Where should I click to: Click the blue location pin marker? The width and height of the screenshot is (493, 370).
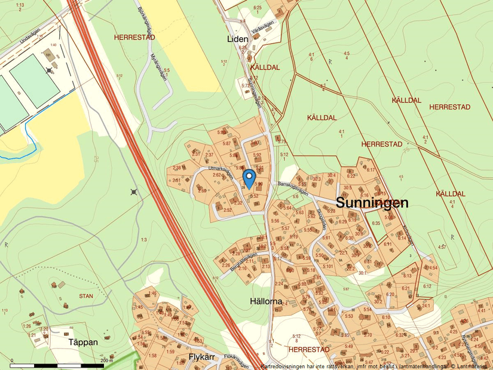249,178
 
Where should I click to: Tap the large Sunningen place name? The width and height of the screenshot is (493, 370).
372,203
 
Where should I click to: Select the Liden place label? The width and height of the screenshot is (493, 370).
237,39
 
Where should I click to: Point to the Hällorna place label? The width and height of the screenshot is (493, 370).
266,302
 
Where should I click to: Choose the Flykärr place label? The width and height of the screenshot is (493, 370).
201,357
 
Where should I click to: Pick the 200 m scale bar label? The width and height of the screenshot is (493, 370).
106,360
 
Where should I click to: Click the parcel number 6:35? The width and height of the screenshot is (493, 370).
376,223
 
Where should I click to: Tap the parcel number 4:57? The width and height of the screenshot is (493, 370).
442,246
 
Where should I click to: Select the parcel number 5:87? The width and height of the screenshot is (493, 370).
226,143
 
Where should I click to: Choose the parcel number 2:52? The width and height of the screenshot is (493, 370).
227,210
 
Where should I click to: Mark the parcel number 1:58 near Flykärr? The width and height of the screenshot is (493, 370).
152,356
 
